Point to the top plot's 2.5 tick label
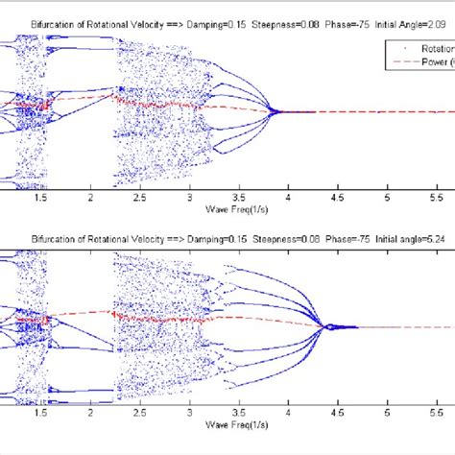[141, 197]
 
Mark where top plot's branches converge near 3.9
[277, 112]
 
